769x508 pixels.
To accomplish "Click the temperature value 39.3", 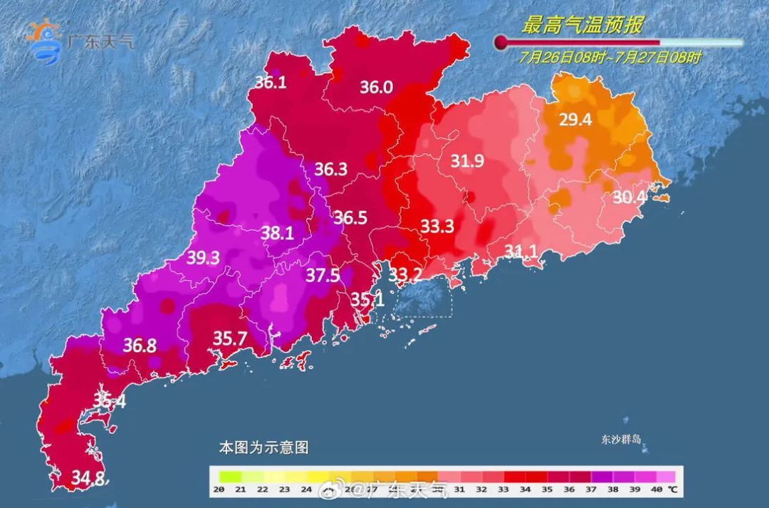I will tap(203, 259).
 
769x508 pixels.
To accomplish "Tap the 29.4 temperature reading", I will tap(575, 120).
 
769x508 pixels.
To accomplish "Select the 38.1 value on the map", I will tap(278, 232).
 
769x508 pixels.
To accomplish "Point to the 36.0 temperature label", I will tap(376, 87).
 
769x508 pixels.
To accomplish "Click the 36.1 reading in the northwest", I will tap(271, 83).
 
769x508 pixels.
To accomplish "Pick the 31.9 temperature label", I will tap(467, 161).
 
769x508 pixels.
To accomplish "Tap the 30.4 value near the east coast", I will tap(629, 197).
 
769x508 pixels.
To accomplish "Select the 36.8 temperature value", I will tap(140, 346).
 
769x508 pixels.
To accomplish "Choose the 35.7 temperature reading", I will tap(230, 338).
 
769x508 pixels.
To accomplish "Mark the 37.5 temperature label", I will tap(323, 276).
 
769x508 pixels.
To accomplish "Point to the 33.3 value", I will tap(437, 226).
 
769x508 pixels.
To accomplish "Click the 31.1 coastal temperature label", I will tap(521, 250).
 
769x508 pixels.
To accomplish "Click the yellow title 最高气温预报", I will tap(582, 26).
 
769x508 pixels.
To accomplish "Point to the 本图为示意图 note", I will tap(263, 448).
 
